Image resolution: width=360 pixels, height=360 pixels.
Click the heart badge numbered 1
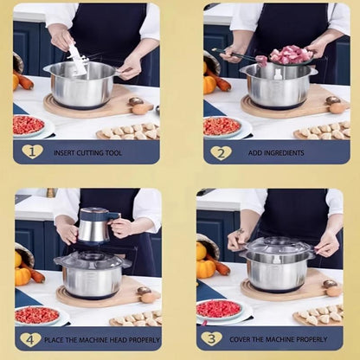click(32, 151)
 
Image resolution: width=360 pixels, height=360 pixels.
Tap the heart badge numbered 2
click(221, 152)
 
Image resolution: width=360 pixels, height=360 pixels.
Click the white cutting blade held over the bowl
click(78, 58)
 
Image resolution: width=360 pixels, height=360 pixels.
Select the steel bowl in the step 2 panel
click(277, 87)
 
